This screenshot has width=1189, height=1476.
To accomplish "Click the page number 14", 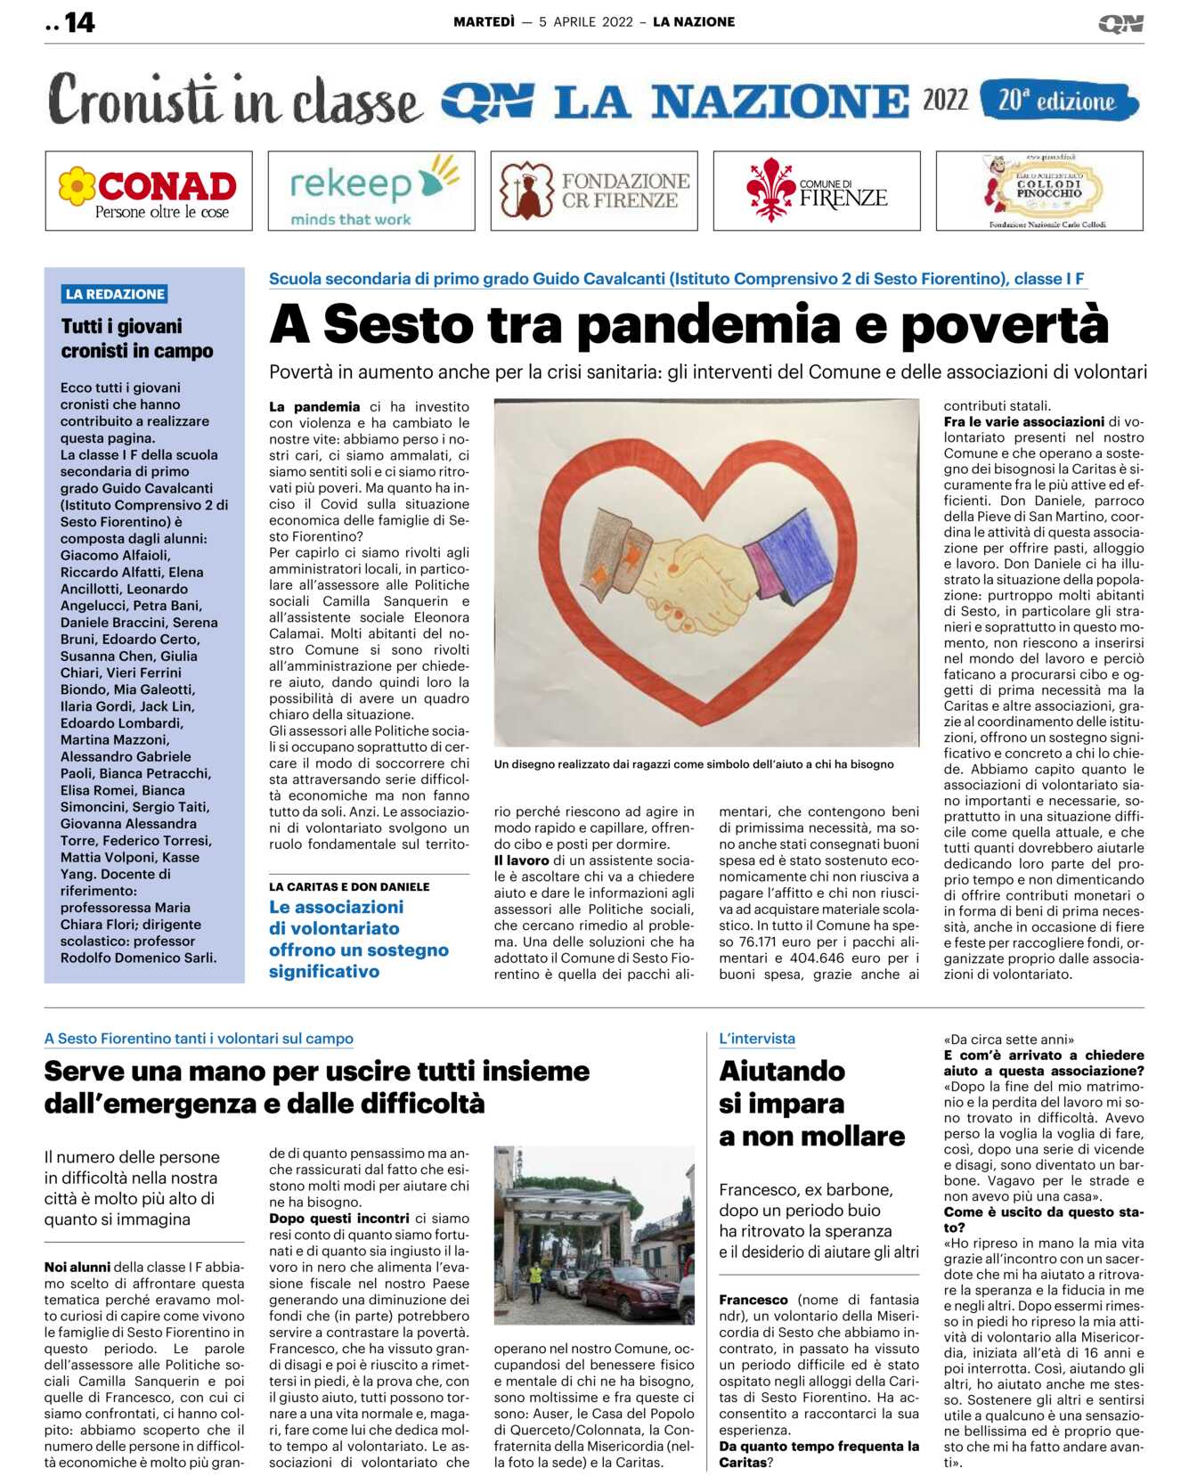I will (x=79, y=22).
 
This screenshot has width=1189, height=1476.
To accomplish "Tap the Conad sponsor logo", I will (x=149, y=192).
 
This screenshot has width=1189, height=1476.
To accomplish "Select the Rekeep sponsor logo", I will (x=371, y=192).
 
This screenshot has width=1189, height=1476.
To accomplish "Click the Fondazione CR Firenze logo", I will (x=594, y=192).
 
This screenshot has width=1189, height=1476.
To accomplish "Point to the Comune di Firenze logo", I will (x=817, y=192).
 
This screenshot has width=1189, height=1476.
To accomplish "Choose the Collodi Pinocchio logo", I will (x=1039, y=192).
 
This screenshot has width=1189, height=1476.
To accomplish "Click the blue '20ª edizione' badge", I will (x=1058, y=101).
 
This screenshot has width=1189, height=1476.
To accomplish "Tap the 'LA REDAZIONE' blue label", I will (x=115, y=294).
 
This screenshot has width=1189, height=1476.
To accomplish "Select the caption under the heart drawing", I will (x=694, y=764).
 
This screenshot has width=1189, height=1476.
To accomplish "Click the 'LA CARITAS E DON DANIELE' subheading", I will (x=349, y=886).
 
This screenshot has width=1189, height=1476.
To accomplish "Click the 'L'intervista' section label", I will (x=757, y=1039).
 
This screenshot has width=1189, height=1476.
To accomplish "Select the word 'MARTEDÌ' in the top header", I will (x=484, y=22).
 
